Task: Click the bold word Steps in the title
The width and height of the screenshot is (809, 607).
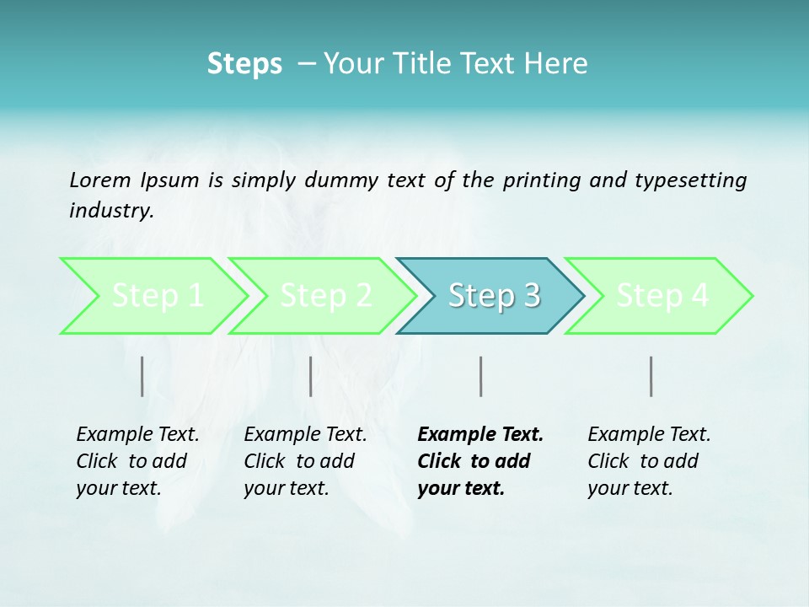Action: click(x=244, y=63)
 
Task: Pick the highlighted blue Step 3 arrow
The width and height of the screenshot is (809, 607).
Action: click(x=492, y=296)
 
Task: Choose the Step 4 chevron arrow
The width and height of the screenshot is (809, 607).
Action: click(x=661, y=296)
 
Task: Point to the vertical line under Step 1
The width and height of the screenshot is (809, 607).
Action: click(x=142, y=376)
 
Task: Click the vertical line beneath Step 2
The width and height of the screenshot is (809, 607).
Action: click(x=311, y=376)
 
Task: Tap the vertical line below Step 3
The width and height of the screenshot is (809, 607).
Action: click(x=480, y=376)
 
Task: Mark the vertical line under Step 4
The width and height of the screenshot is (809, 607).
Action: click(x=651, y=376)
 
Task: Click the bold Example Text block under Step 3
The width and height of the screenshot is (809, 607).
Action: click(x=480, y=461)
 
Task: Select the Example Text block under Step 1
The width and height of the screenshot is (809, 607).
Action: click(x=137, y=461)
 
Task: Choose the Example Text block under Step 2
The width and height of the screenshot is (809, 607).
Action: click(x=305, y=461)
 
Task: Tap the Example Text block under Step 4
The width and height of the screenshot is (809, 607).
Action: click(x=649, y=461)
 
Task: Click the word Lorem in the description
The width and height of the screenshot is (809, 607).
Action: click(x=100, y=180)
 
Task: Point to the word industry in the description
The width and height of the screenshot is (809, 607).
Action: click(x=111, y=211)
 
